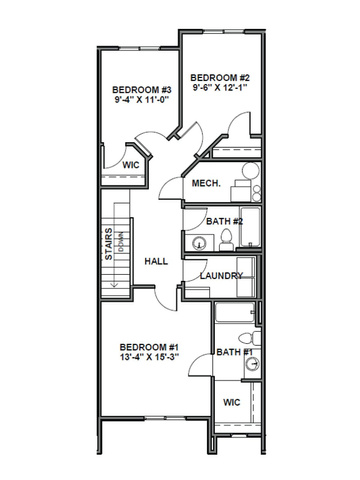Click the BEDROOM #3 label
point(141,89)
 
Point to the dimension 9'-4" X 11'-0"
point(141,101)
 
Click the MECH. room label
point(207,184)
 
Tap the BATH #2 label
point(225,221)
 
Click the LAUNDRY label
point(222,275)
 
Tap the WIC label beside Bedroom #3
point(130,164)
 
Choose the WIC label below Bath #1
point(232,403)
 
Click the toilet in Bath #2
point(227,238)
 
